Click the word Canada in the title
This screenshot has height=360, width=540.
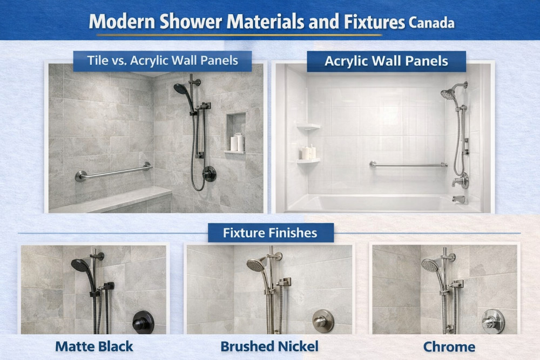[x=431, y=23]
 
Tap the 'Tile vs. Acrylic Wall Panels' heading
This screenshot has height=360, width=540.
[x=163, y=60]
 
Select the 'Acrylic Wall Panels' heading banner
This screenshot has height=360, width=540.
[x=386, y=61]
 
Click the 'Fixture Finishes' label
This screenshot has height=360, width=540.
[x=270, y=233]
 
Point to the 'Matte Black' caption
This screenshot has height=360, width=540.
[x=94, y=346]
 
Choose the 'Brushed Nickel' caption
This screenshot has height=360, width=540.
[x=269, y=346]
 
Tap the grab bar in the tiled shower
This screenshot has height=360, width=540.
[x=113, y=172]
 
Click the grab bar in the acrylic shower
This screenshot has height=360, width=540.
[x=408, y=164]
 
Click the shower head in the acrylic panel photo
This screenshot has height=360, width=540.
[x=448, y=94]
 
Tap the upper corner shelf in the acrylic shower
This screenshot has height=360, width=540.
[x=308, y=126]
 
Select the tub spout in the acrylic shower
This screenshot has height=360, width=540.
[x=459, y=199]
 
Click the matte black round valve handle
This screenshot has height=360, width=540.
[x=143, y=322]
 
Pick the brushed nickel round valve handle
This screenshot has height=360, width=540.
[x=323, y=321]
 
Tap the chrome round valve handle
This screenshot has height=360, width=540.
[x=493, y=321]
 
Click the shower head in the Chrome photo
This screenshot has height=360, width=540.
[x=430, y=265]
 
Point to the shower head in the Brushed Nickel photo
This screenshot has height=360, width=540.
[x=255, y=264]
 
